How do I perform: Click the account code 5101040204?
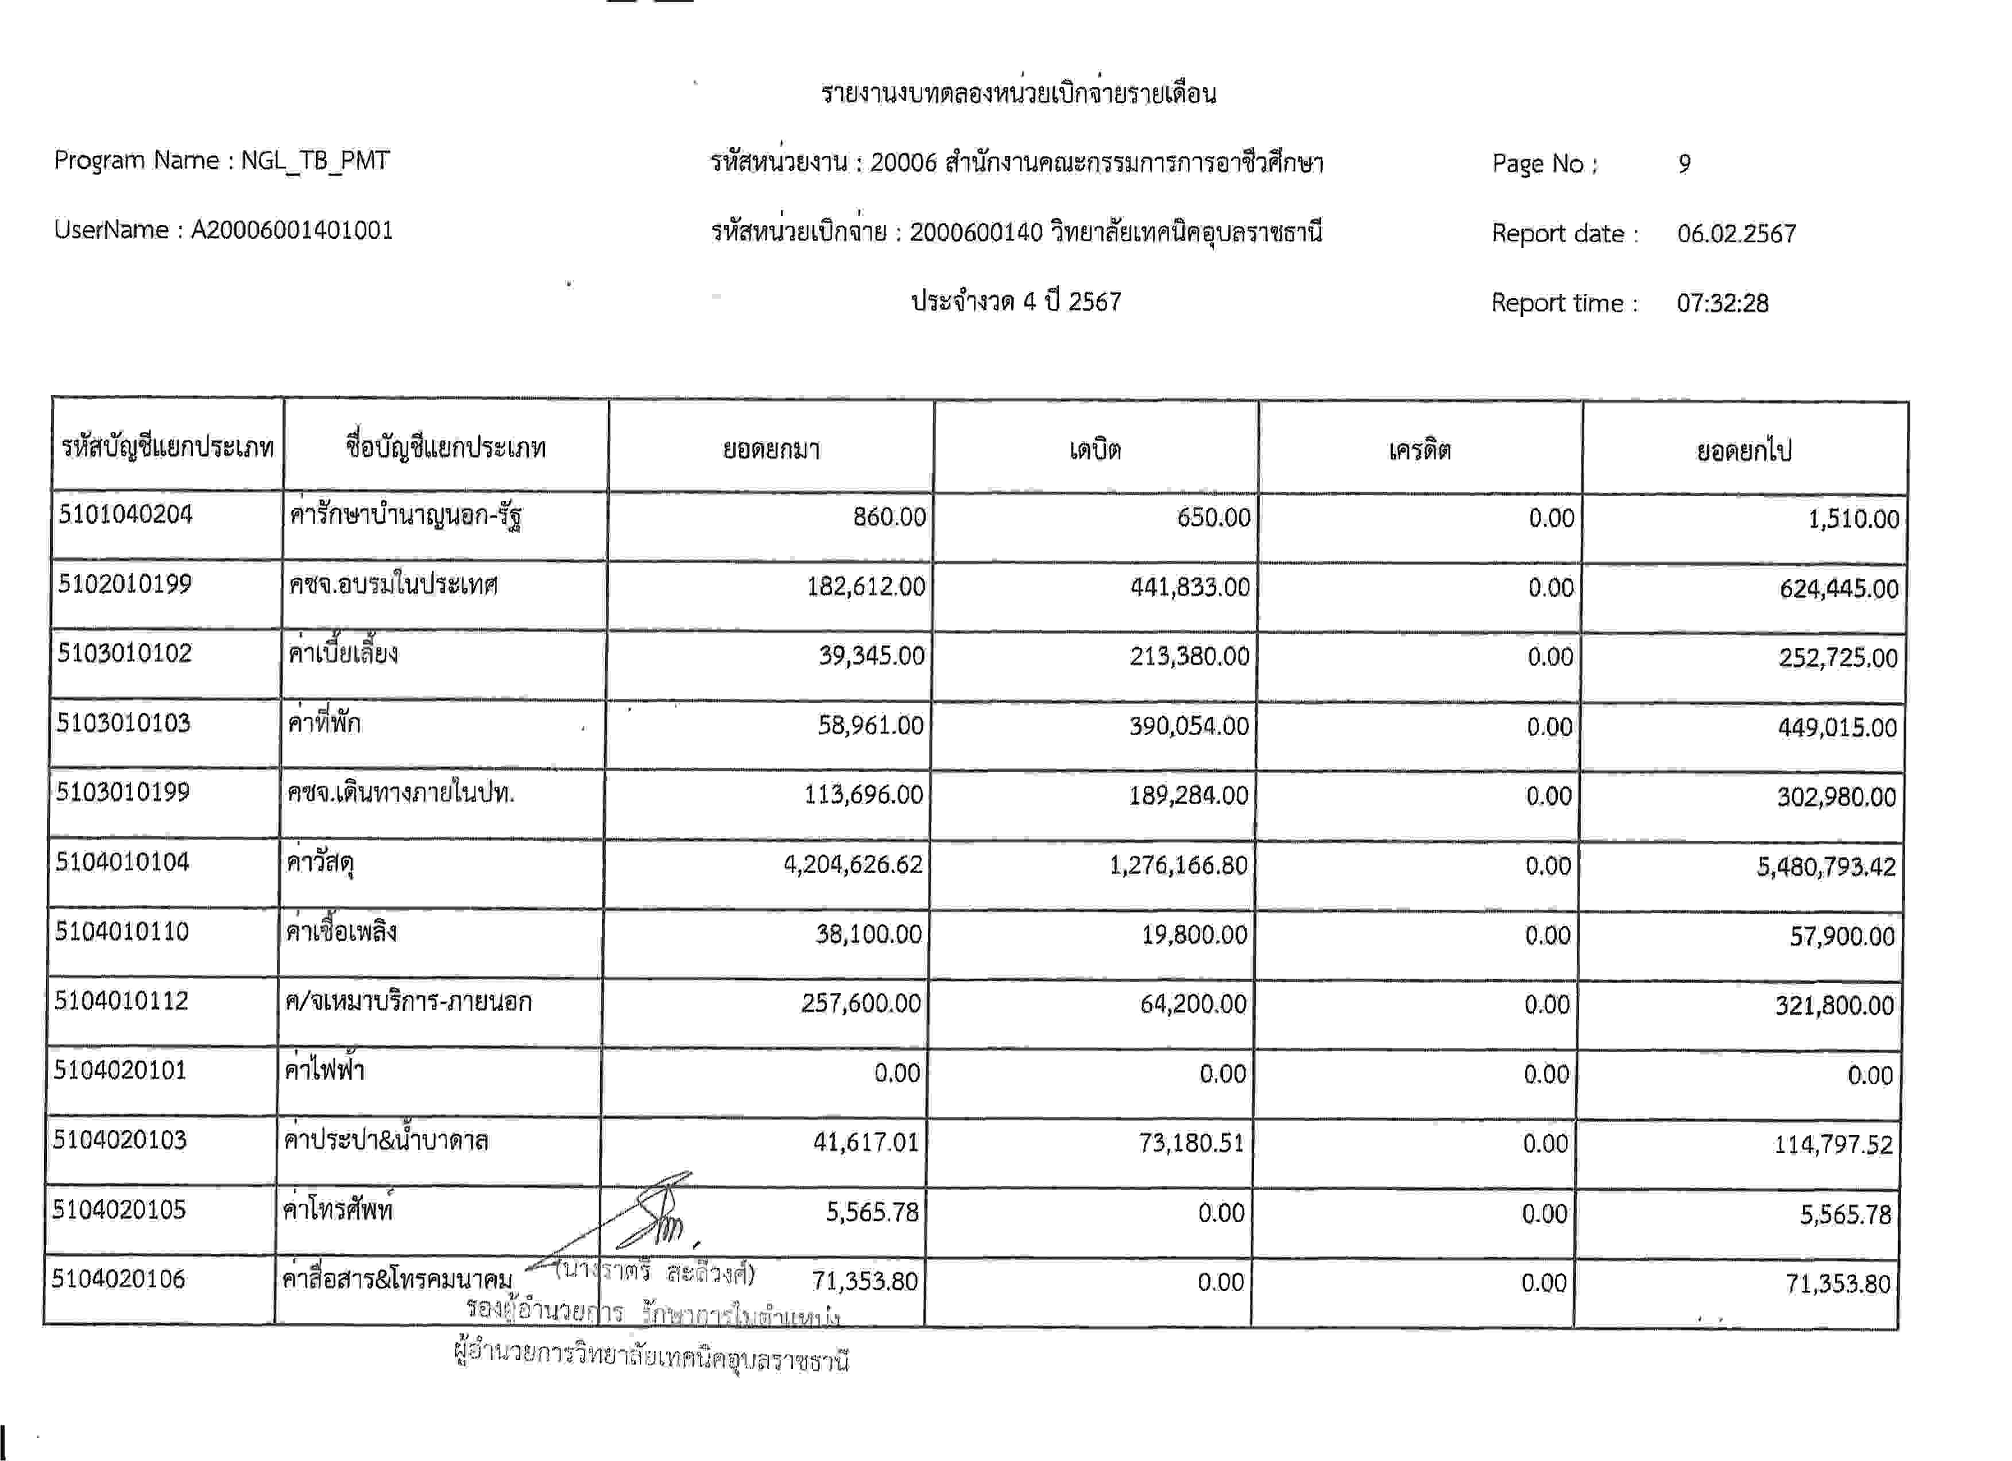click(x=125, y=515)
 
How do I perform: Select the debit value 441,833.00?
click(x=1190, y=588)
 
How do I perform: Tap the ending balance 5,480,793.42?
click(x=1826, y=867)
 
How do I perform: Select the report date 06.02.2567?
click(x=1736, y=233)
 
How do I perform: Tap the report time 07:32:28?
click(x=1722, y=303)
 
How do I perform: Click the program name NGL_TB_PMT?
click(x=315, y=161)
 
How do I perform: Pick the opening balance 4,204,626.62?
click(x=853, y=864)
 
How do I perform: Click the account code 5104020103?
click(x=120, y=1140)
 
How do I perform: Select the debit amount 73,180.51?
click(x=1191, y=1142)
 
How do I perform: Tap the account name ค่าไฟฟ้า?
click(x=324, y=1070)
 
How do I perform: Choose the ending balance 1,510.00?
click(x=1853, y=519)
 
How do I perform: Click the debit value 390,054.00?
click(x=1189, y=726)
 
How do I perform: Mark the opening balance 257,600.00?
click(x=861, y=1003)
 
